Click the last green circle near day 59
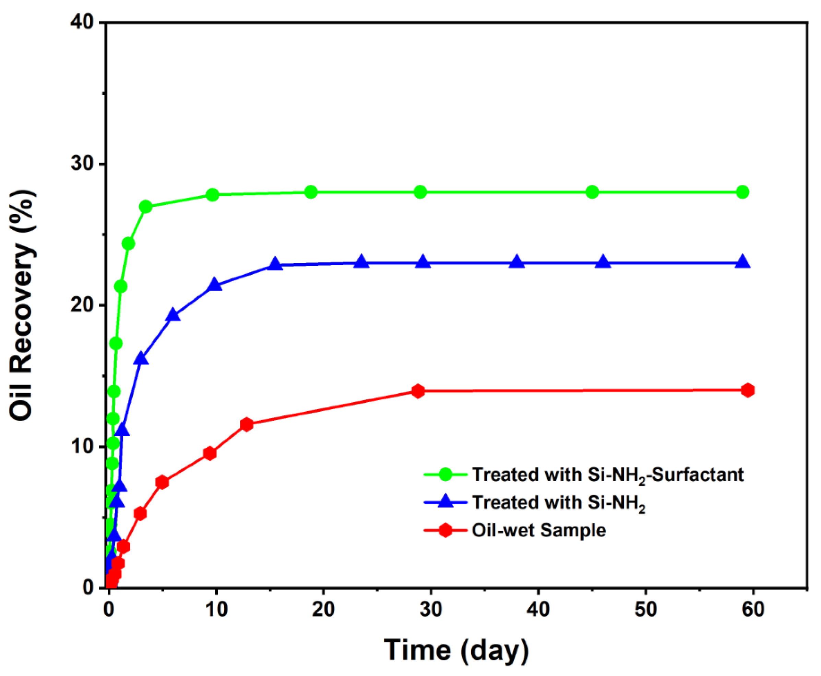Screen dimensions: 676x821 click(x=742, y=192)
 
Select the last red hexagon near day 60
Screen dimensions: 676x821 click(x=748, y=390)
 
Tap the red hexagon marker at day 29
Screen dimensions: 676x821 click(x=418, y=391)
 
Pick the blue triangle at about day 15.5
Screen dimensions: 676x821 click(x=275, y=264)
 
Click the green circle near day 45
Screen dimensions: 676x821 click(x=592, y=192)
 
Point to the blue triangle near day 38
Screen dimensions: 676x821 click(x=517, y=262)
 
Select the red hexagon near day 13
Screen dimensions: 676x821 click(x=246, y=424)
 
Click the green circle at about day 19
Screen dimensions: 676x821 click(x=311, y=192)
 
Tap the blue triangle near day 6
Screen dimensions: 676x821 click(x=173, y=316)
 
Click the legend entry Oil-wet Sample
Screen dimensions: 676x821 click(x=539, y=530)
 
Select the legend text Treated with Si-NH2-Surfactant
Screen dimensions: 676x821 click(x=607, y=475)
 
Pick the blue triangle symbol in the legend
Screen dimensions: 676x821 click(x=445, y=502)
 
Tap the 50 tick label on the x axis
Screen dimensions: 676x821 click(x=646, y=609)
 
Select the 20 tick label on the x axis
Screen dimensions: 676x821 click(x=323, y=609)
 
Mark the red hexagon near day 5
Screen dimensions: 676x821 click(x=162, y=482)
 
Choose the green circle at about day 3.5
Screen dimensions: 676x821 click(x=145, y=207)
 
